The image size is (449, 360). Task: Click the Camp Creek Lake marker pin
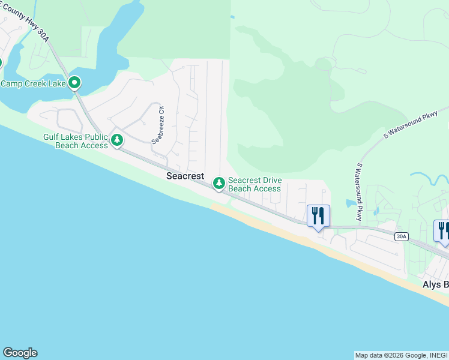[x=74, y=83]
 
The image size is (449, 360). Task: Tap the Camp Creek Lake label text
[x=32, y=83]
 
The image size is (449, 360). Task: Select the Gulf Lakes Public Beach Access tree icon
[x=117, y=140]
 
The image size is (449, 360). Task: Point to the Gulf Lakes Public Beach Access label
[x=75, y=141]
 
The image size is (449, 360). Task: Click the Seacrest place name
[x=185, y=176]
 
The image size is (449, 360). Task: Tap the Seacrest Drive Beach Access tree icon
[x=219, y=182]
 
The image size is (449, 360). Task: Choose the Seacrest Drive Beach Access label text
[x=255, y=184]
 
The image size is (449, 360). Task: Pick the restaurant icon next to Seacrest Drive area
[x=318, y=215]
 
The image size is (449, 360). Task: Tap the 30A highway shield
[x=402, y=236]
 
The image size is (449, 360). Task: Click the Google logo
[x=20, y=353]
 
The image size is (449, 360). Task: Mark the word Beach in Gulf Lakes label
[x=70, y=145]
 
